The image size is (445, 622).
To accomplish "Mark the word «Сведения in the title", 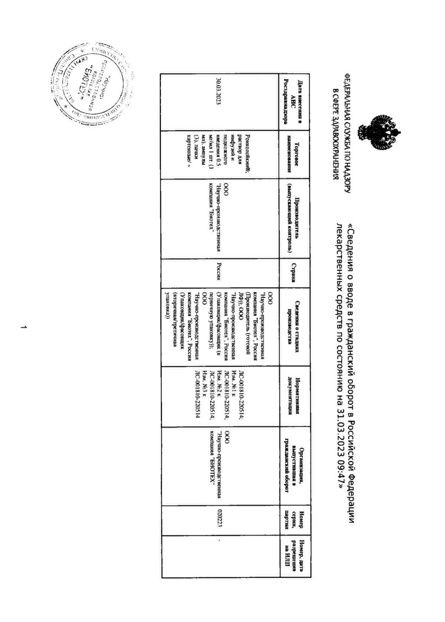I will click(352, 247).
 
